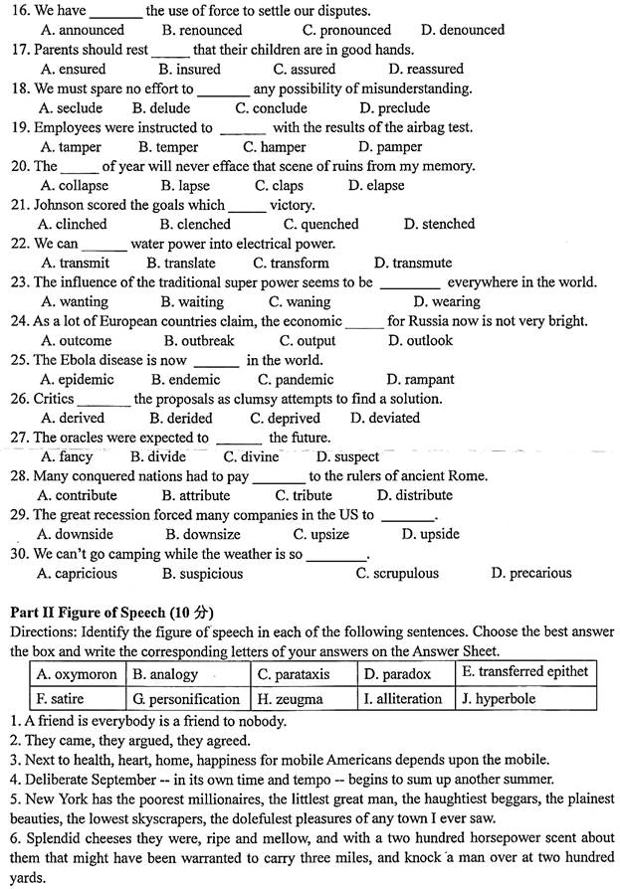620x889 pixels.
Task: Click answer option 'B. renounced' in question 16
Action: point(202,30)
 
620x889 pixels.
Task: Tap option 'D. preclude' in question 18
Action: point(395,107)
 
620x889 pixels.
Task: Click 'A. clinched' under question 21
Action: point(74,224)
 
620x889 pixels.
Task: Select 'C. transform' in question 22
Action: point(291,263)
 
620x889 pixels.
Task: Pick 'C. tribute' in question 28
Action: point(305,495)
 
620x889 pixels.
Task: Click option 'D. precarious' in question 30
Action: point(532,573)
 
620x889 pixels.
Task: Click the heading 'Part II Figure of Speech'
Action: point(111,611)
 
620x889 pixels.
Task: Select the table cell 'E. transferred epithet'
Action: point(524,671)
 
